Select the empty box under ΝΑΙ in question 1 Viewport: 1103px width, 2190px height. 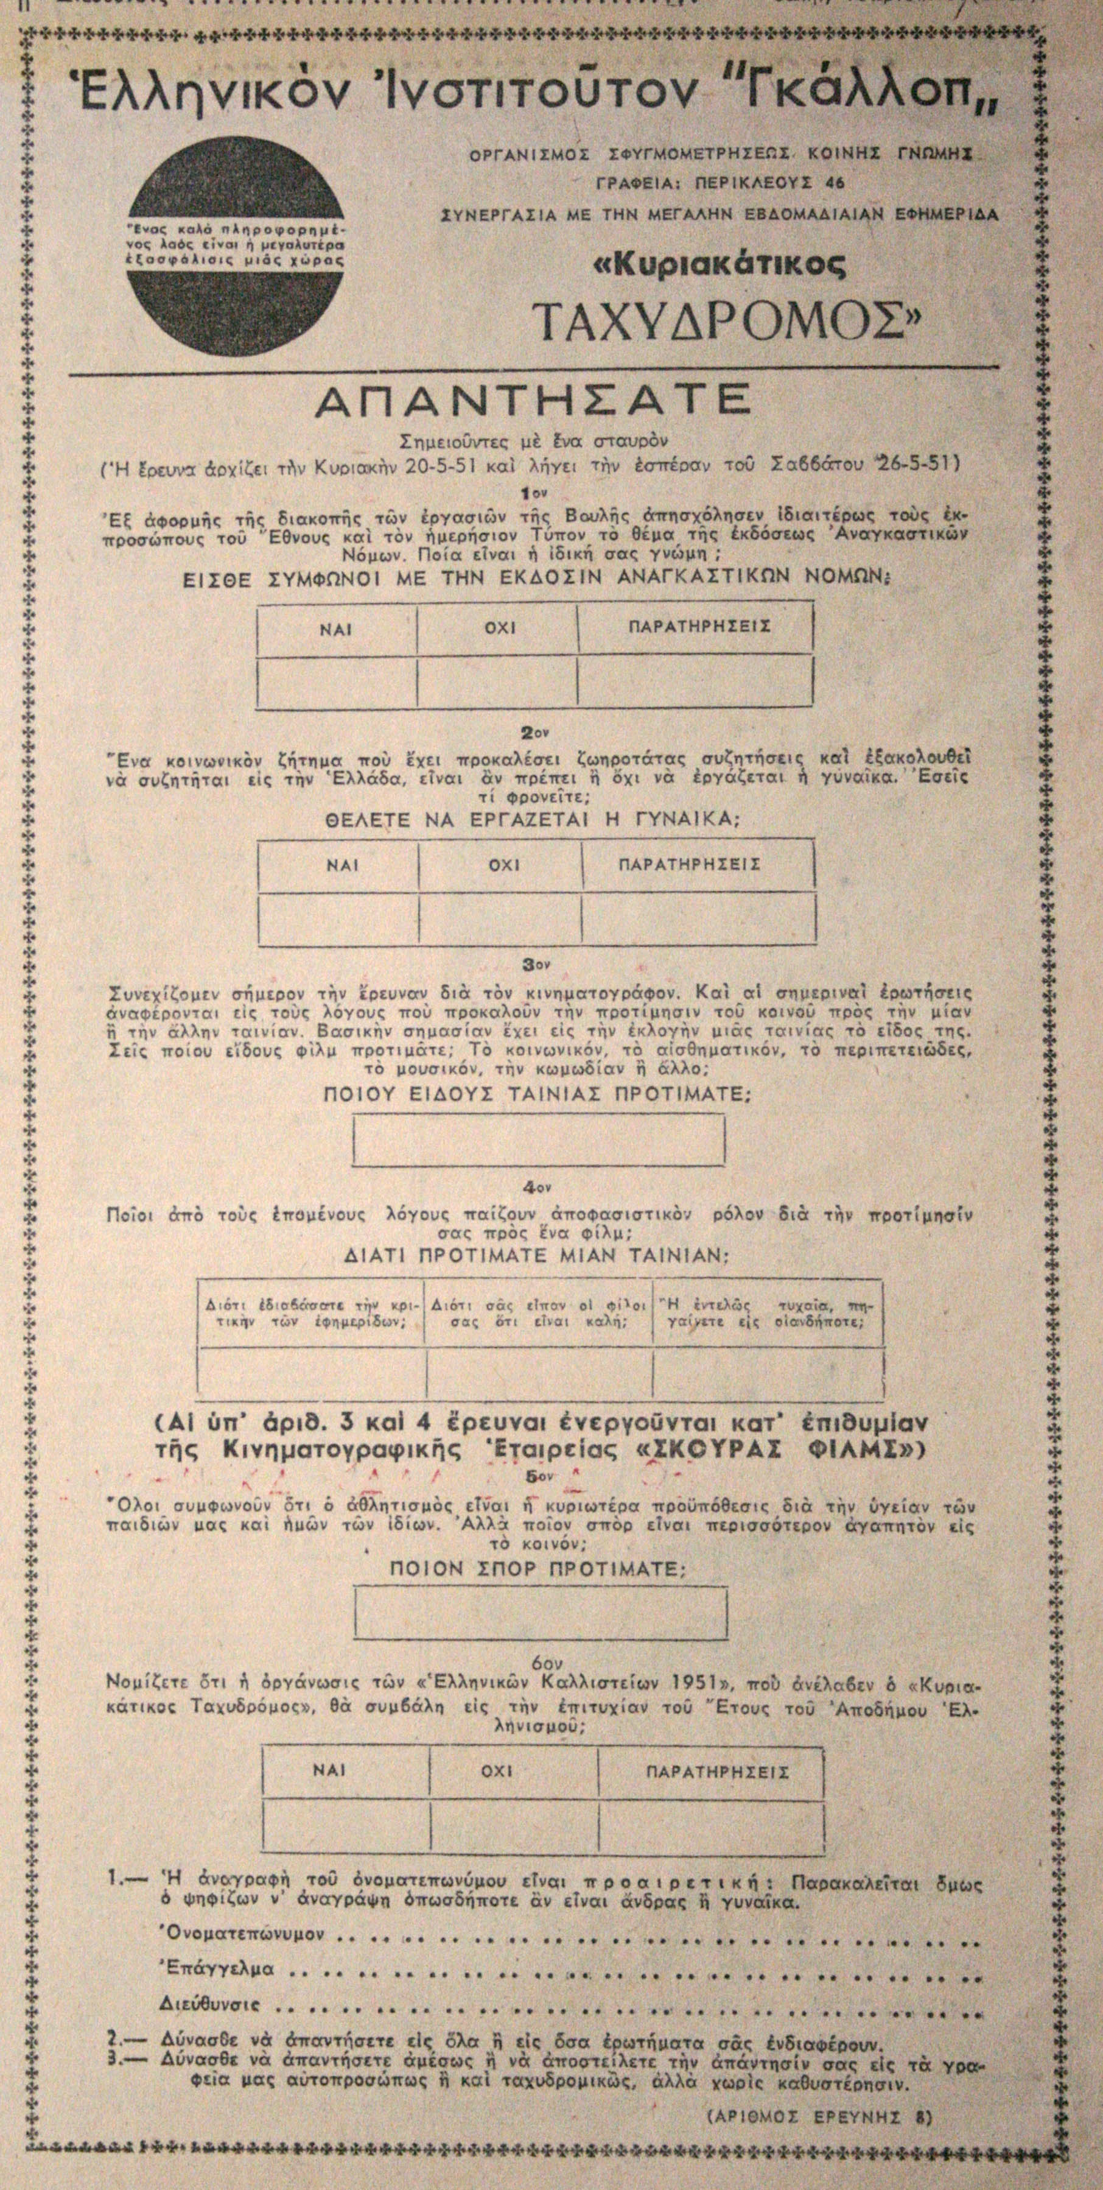pos(337,683)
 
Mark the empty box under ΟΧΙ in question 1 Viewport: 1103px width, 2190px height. pos(497,683)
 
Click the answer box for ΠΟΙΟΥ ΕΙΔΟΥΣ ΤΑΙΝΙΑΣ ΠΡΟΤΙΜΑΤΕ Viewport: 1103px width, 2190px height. pos(539,1140)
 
